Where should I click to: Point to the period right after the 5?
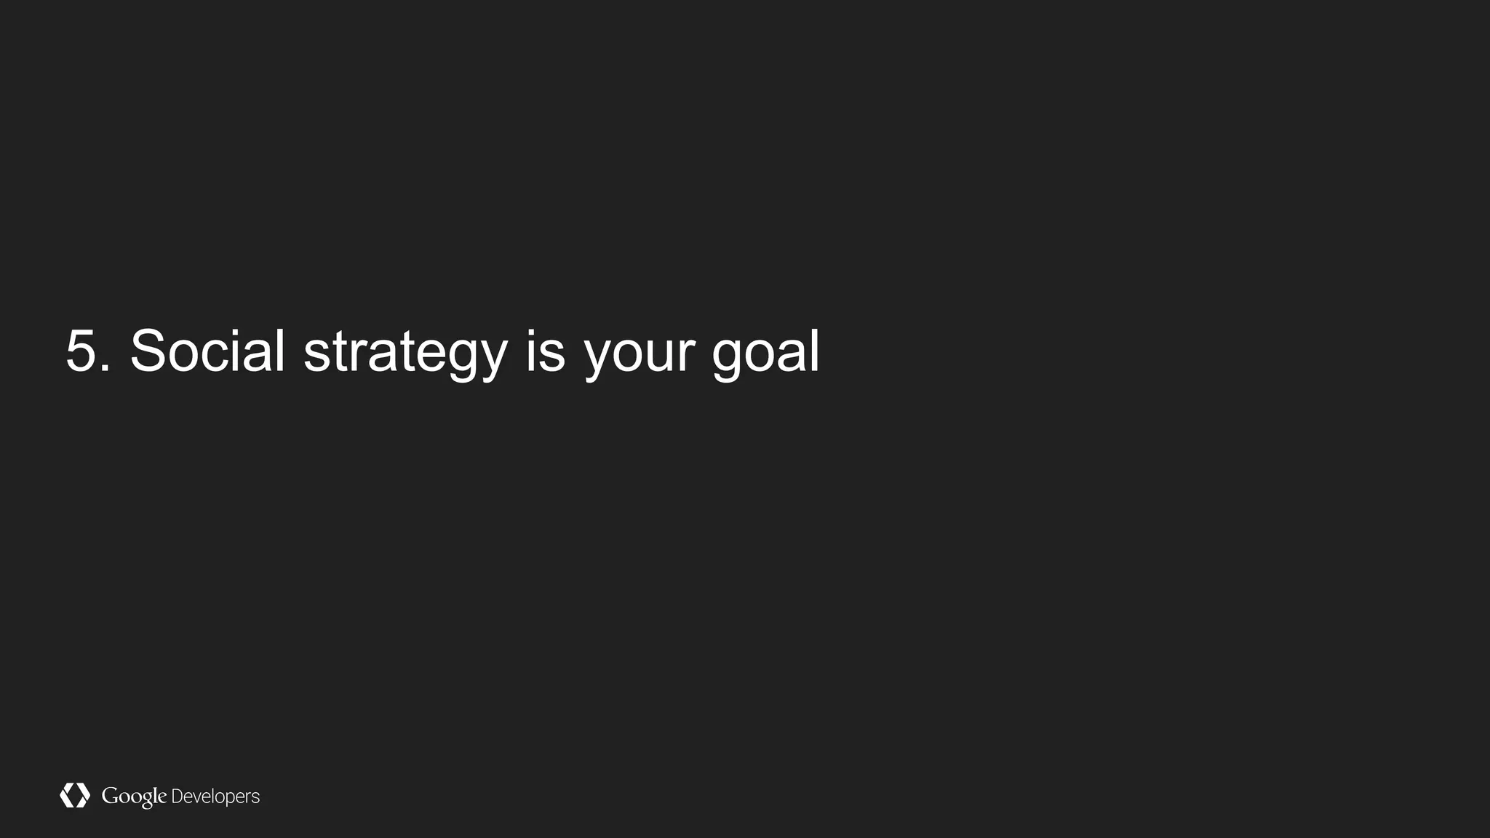(x=106, y=370)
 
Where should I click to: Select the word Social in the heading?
(x=207, y=351)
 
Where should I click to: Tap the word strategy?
(x=405, y=353)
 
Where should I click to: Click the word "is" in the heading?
(x=545, y=351)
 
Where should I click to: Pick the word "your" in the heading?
(x=640, y=356)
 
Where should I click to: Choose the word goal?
(x=765, y=353)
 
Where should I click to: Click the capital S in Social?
(x=149, y=351)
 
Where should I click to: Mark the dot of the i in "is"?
(x=530, y=332)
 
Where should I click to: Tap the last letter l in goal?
(x=815, y=351)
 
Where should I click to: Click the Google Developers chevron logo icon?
(x=74, y=795)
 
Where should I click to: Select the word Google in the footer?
(x=134, y=797)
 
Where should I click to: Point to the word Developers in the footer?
(x=215, y=797)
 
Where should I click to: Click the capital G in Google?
(x=110, y=795)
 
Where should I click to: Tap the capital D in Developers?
(x=177, y=797)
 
